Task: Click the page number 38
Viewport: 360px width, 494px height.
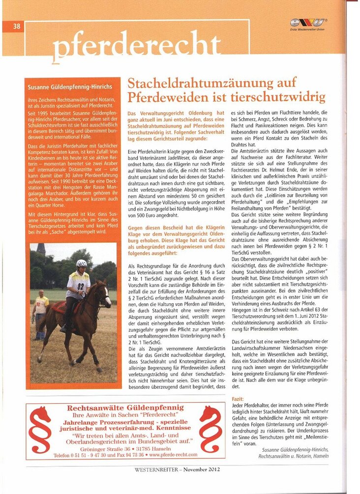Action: coord(16,27)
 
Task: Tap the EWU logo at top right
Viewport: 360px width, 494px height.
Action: coord(308,23)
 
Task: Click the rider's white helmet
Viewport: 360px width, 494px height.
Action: coord(82,263)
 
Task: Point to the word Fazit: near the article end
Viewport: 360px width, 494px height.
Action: coord(237,399)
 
